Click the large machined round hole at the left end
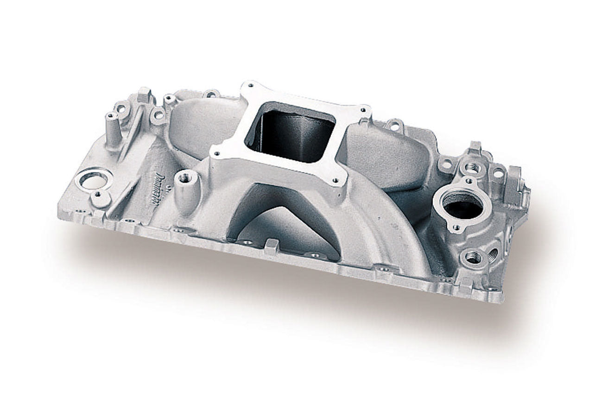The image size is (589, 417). [x=93, y=179]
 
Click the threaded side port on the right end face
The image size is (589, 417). [x=493, y=254]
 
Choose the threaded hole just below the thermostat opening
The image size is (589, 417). [x=472, y=258]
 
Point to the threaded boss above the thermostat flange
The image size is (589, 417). [x=473, y=166]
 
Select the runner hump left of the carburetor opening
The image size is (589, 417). [x=204, y=120]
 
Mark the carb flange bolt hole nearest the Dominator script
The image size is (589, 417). [x=215, y=152]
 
